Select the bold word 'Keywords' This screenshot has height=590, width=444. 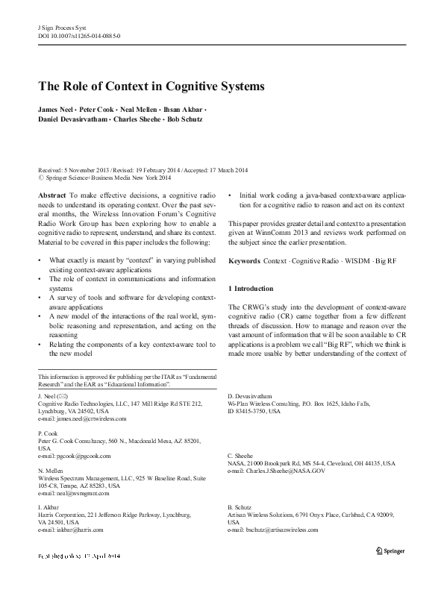click(x=244, y=262)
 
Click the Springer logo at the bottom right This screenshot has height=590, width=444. click(x=389, y=555)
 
